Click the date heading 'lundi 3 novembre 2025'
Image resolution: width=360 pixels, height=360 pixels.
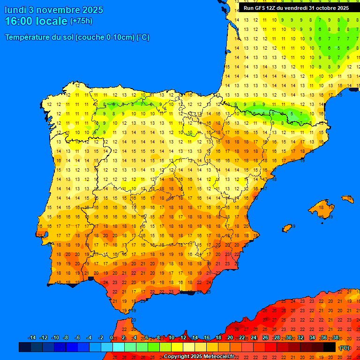(x=54, y=10)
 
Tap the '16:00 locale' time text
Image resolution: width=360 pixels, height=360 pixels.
(x=36, y=21)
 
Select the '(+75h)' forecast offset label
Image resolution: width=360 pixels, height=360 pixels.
(x=81, y=21)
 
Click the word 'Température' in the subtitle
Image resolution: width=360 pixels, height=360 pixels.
(x=27, y=37)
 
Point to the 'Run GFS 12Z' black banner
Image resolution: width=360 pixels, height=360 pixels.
(x=296, y=8)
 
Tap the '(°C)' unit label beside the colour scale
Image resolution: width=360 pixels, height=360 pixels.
(x=345, y=348)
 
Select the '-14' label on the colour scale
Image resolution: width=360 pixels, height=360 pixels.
(x=32, y=338)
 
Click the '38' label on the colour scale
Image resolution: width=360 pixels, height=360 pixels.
(x=336, y=338)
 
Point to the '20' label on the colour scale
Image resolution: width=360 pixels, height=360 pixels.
(x=230, y=338)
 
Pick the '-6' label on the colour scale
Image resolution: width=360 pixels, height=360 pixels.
(x=77, y=338)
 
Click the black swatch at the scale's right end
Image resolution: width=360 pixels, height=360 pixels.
(x=330, y=347)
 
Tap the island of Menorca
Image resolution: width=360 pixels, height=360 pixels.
(x=347, y=199)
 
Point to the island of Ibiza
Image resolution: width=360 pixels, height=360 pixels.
(x=288, y=228)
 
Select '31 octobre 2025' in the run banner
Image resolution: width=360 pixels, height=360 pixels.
(x=329, y=8)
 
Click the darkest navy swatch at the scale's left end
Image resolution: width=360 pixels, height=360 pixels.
(x=25, y=347)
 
